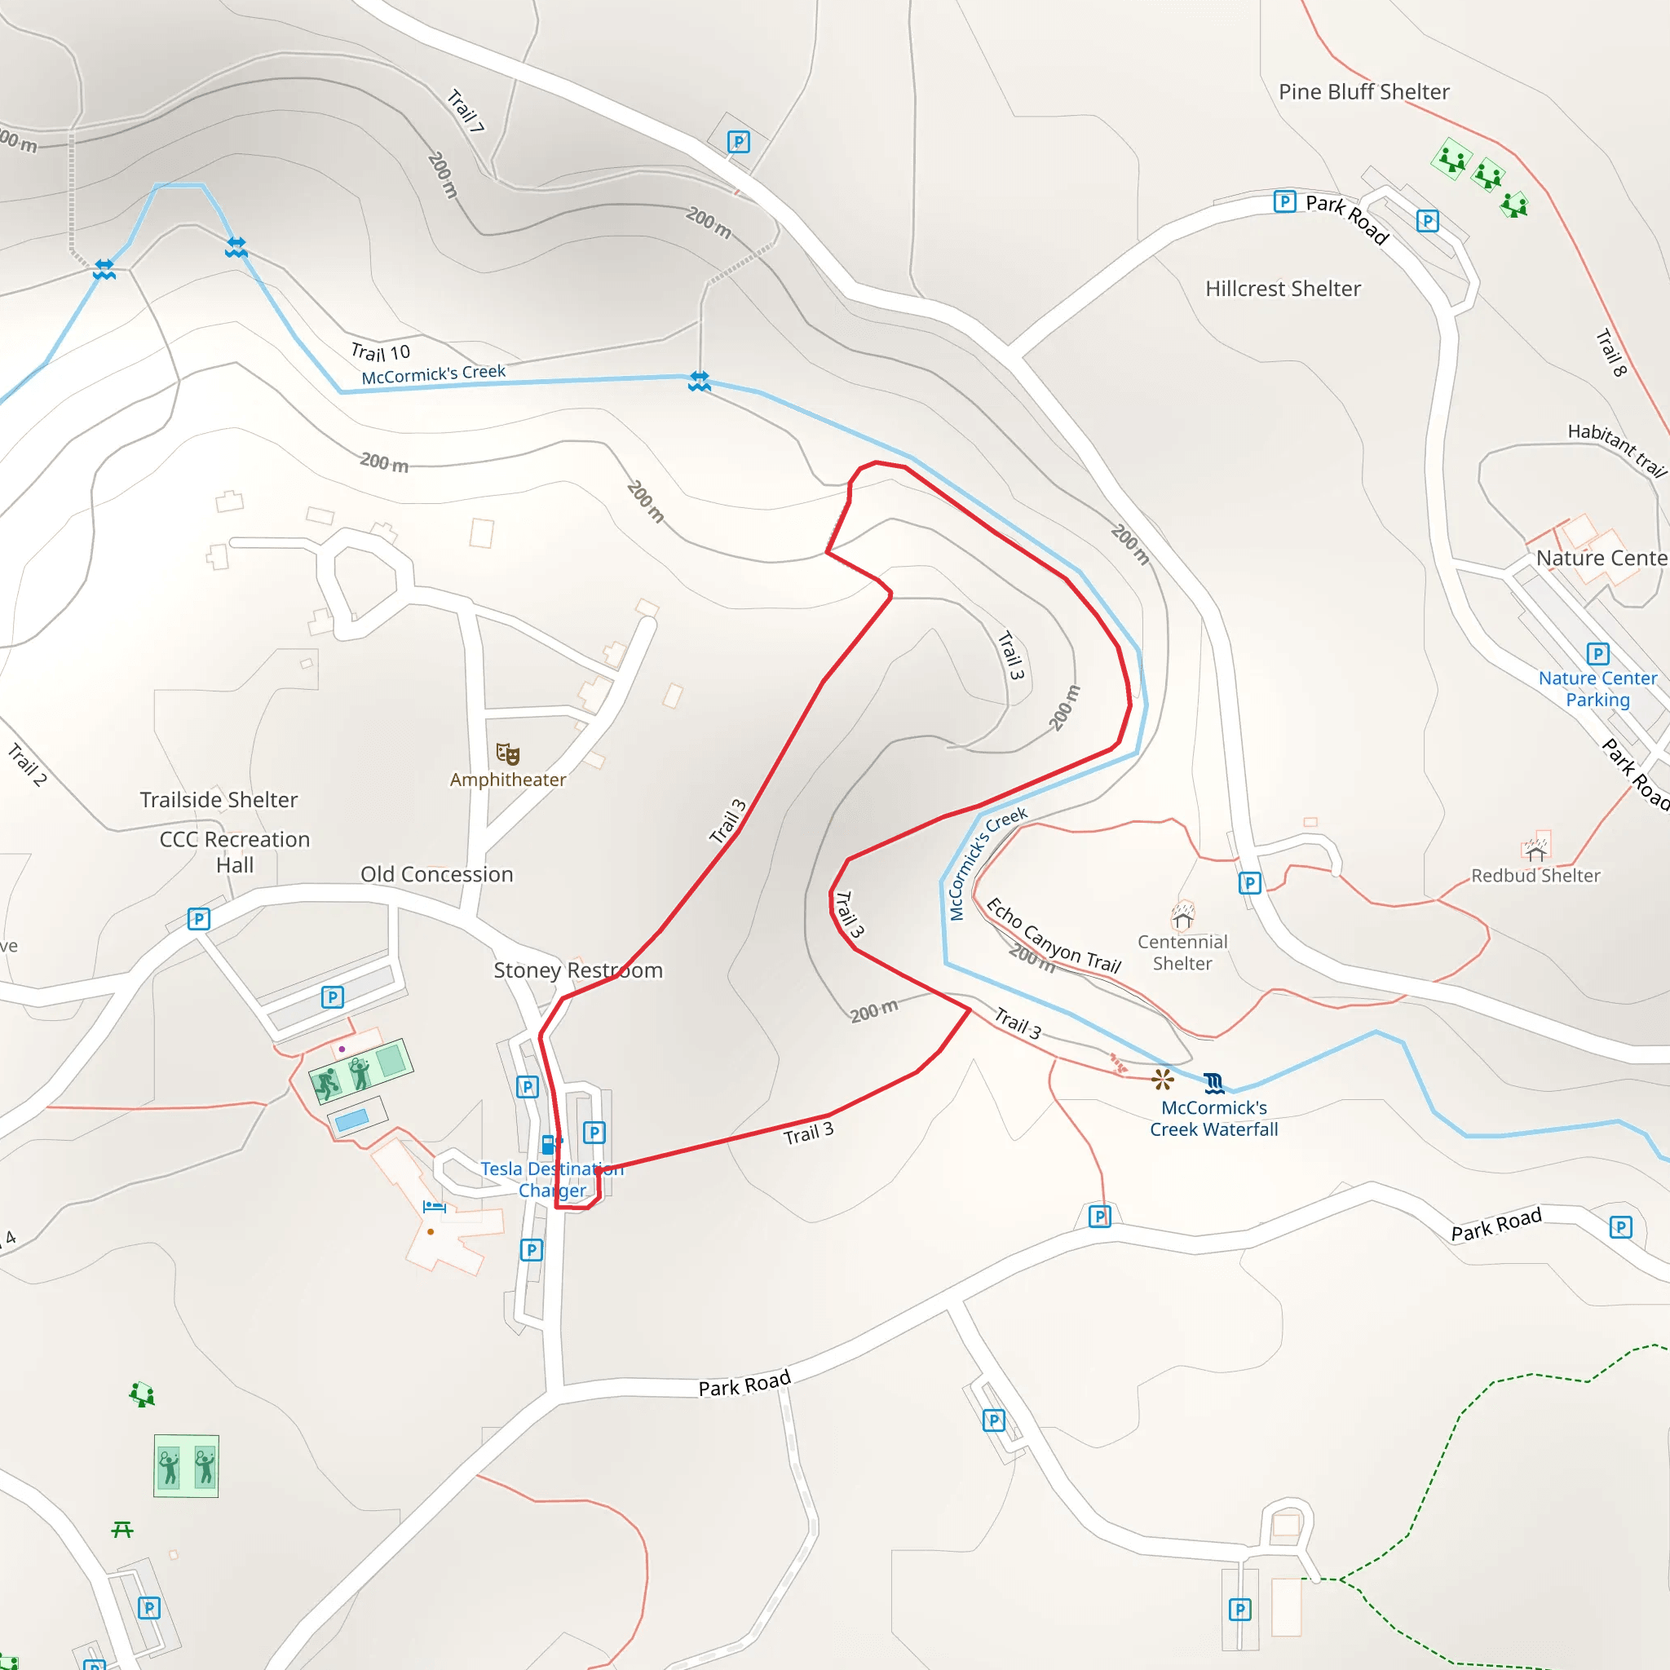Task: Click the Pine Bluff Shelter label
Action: (x=1363, y=91)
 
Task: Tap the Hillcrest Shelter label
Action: (x=1283, y=289)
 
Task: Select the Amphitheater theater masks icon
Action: (x=507, y=753)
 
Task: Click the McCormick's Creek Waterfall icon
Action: (x=1214, y=1082)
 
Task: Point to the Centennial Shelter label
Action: (x=1182, y=952)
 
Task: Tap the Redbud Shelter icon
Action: (x=1535, y=851)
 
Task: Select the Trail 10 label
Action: (x=380, y=352)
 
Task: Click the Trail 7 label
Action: (x=465, y=111)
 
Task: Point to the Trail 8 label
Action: (x=1611, y=351)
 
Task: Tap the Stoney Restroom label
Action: (x=577, y=970)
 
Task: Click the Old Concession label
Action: (x=436, y=875)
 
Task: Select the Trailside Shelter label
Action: (x=219, y=800)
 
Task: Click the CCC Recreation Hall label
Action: (x=234, y=852)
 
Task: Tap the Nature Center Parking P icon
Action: (x=1597, y=653)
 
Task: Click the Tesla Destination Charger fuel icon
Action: (x=548, y=1144)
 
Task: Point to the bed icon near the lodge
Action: (x=434, y=1207)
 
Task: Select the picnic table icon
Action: (x=121, y=1530)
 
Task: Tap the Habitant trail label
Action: (x=1616, y=449)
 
